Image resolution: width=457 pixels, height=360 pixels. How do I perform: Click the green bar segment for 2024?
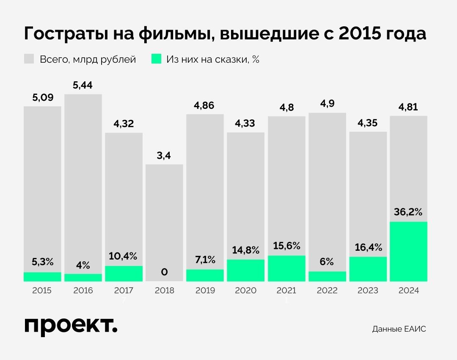(408, 252)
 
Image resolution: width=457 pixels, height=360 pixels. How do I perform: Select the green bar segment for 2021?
(286, 269)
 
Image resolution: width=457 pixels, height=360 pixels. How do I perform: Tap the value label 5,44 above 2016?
(83, 86)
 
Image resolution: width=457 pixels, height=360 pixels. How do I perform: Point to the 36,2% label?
(408, 212)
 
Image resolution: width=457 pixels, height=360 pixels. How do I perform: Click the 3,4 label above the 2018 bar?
(164, 155)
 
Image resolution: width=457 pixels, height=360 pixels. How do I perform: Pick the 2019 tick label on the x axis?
(205, 291)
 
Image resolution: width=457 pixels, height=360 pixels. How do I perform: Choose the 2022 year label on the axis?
(327, 291)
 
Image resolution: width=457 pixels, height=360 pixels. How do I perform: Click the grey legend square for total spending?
(29, 59)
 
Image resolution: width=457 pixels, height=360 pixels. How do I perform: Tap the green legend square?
(156, 59)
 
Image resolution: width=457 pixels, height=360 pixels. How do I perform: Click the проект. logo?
(71, 326)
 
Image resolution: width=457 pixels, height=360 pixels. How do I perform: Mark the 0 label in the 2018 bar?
(164, 272)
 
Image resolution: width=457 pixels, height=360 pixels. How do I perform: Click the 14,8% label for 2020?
(245, 250)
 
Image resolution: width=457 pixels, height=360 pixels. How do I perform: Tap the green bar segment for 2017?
(124, 274)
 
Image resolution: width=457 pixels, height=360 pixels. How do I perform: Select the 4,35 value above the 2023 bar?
(368, 123)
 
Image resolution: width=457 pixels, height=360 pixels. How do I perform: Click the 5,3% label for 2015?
(42, 262)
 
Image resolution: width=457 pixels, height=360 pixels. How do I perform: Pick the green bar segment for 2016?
(83, 277)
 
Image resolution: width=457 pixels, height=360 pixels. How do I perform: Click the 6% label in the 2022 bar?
(327, 262)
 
